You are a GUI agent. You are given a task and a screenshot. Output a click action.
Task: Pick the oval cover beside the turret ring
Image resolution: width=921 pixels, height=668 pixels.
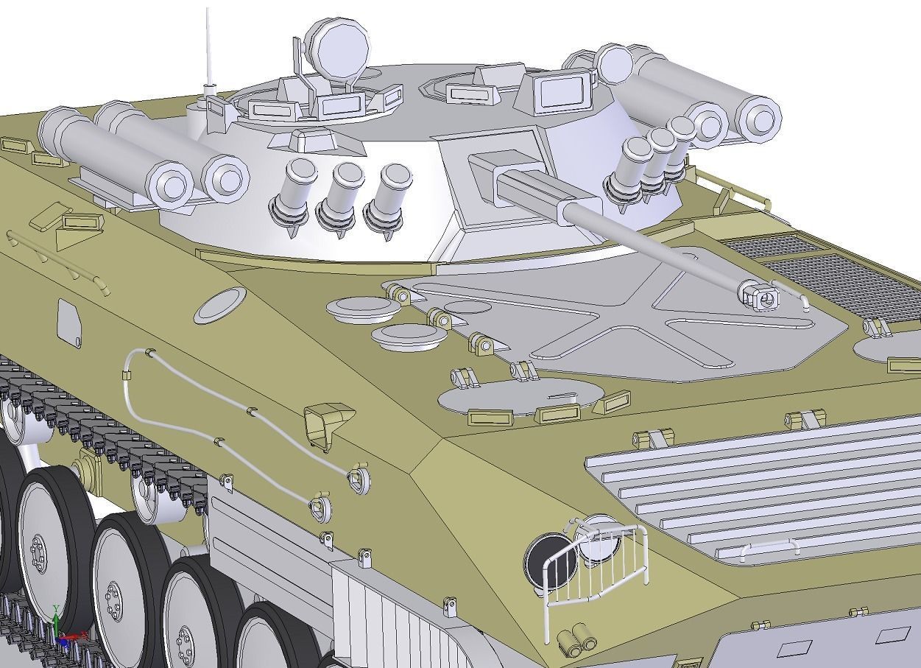pyautogui.click(x=220, y=305)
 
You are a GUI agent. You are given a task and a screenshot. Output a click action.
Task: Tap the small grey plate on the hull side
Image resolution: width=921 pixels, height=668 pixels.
pyautogui.click(x=68, y=322)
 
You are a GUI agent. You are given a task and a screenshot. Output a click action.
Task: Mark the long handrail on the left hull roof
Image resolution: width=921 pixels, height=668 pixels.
pyautogui.click(x=59, y=261)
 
